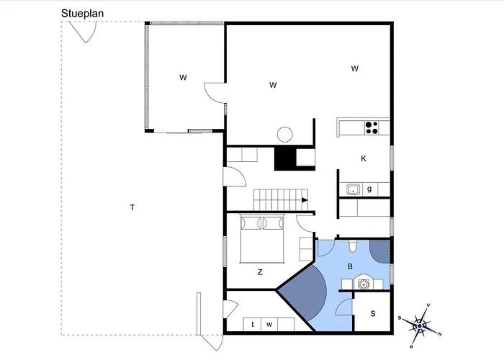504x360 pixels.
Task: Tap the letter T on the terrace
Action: [x=132, y=208]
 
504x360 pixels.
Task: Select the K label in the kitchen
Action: [x=364, y=158]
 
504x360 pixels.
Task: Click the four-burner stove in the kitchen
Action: [x=372, y=128]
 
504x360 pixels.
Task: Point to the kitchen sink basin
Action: [x=353, y=189]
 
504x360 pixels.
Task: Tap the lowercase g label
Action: [x=369, y=189]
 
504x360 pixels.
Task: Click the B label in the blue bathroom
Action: [x=350, y=266]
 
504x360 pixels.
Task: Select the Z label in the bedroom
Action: [x=260, y=272]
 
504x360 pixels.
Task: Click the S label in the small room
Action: [x=373, y=314]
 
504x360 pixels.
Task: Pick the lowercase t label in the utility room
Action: [x=253, y=325]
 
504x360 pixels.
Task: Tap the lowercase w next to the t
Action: [x=269, y=325]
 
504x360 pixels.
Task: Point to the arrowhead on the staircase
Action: [x=305, y=200]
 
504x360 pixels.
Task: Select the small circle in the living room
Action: [x=285, y=134]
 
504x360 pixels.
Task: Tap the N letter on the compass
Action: [x=440, y=333]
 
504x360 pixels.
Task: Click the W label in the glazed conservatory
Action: [x=184, y=76]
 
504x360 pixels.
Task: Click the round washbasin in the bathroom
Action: [x=364, y=283]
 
